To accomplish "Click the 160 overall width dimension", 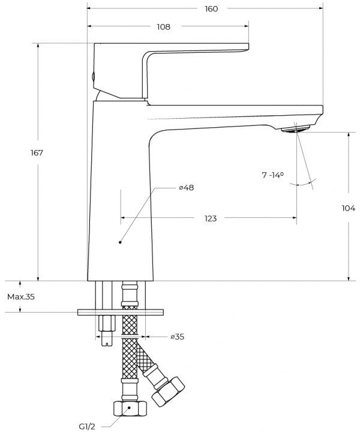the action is [211, 9].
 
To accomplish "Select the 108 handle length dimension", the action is [164, 27].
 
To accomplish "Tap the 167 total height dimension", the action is [37, 152].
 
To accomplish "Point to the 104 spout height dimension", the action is [349, 208].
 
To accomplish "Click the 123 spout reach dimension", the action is [211, 218].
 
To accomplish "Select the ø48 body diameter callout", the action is [187, 188].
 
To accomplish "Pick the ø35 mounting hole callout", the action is [178, 337].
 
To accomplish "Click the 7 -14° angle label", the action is [272, 175].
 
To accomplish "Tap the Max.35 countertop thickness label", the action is [21, 297].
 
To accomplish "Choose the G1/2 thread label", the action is [87, 427].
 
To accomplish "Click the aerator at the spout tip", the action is [296, 128].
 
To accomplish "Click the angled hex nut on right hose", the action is [168, 392].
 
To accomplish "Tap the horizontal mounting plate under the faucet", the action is [121, 312].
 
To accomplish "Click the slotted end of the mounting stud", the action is [107, 338].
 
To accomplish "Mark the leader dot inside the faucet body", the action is [120, 242].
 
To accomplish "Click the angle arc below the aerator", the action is [303, 182].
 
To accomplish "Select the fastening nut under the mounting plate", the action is [107, 323].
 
